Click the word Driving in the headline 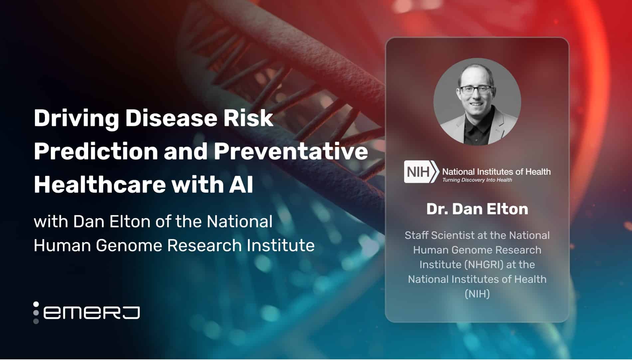76,118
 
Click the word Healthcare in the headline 99,185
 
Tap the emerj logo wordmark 91,313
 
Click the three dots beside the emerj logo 36,313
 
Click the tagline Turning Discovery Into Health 477,180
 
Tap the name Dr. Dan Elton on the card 477,209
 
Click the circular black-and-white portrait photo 477,102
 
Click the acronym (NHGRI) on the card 484,265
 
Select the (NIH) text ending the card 477,294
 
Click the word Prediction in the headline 96,151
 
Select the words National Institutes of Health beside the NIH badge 496,172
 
